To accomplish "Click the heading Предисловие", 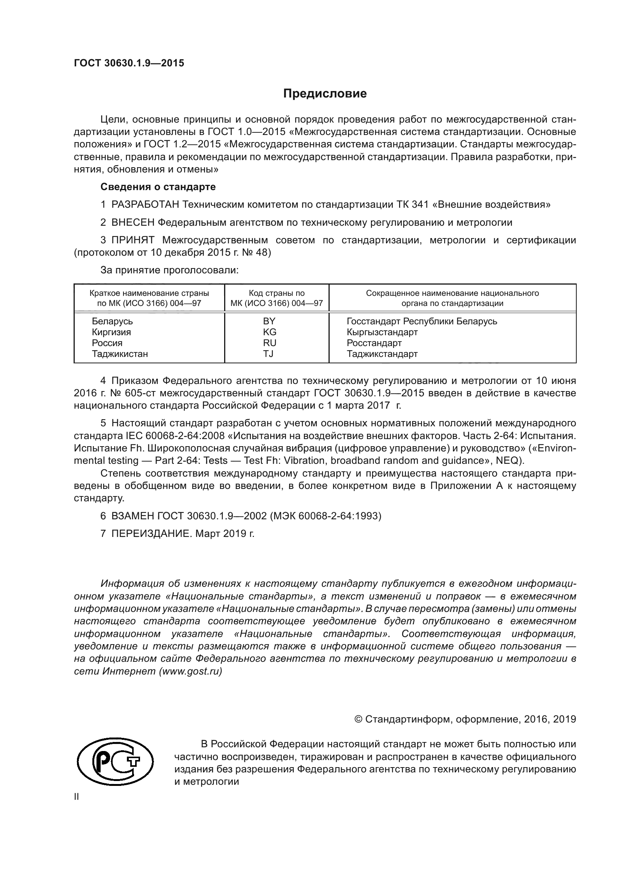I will (x=325, y=94).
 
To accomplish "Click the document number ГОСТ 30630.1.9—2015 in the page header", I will (x=129, y=63).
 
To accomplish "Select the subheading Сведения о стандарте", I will (x=158, y=187).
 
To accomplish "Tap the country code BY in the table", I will (x=269, y=321).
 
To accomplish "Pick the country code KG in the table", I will (x=270, y=332).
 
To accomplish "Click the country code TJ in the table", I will (x=268, y=354).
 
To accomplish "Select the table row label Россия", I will (x=107, y=343).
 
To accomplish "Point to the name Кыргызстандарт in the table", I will (x=382, y=332).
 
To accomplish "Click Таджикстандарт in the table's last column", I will (x=382, y=354).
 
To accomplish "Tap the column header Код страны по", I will (x=276, y=293).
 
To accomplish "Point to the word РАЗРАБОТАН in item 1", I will (x=145, y=204).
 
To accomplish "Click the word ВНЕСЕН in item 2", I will (x=133, y=222).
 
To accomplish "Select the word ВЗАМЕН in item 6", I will (x=133, y=516).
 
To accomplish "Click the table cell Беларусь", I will (x=112, y=321).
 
